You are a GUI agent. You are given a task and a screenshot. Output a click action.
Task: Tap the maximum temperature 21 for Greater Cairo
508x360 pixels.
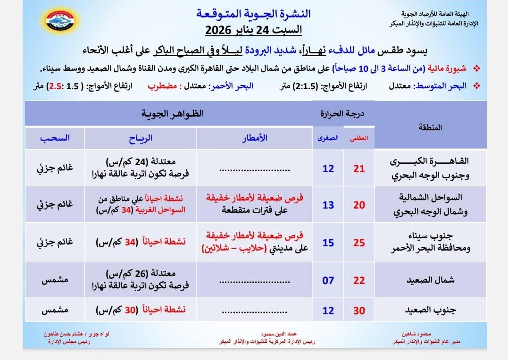pos(359,168)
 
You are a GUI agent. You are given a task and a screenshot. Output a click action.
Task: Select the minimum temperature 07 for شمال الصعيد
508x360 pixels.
pos(328,281)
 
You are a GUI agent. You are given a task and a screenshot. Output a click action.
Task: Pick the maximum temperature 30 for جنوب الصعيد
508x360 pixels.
pos(359,311)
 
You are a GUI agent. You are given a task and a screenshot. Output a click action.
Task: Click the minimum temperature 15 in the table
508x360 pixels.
pos(328,243)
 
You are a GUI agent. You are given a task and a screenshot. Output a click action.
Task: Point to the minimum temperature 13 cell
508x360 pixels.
pos(328,205)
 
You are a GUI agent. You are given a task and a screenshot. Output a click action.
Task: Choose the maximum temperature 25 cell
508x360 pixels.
pos(359,243)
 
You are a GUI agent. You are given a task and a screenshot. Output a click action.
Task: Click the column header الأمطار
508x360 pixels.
pos(255,138)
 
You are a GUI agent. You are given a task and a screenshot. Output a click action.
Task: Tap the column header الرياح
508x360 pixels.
pos(141,138)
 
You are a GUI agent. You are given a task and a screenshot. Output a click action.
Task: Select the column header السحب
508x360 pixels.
pos(55,138)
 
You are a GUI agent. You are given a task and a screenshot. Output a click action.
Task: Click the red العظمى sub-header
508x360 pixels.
pos(359,139)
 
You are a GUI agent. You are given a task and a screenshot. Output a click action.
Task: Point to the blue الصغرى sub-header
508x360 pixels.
pos(329,139)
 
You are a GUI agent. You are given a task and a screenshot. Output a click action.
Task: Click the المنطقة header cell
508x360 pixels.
pos(430,127)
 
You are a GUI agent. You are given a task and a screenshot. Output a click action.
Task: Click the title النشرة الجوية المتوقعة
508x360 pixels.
pos(253,13)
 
